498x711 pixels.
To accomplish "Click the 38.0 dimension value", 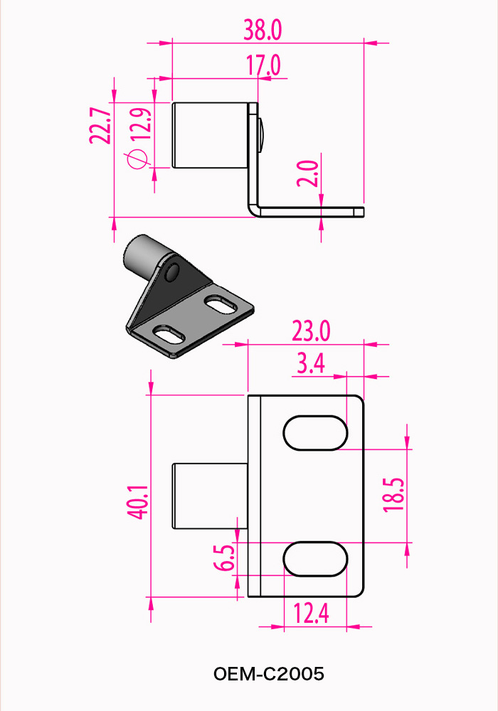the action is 263,30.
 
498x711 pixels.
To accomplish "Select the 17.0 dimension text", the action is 263,65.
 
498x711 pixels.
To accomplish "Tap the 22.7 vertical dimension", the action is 100,126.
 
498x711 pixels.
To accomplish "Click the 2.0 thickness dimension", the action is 308,173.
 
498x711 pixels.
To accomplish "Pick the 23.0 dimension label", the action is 311,331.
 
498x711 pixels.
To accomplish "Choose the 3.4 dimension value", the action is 311,363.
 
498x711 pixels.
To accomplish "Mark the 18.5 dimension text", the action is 394,495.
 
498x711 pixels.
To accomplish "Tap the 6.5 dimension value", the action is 224,557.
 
